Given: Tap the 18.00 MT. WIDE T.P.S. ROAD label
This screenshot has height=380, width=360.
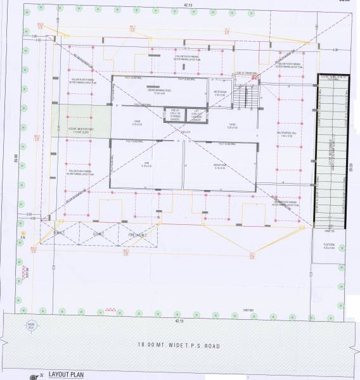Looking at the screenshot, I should (179, 345).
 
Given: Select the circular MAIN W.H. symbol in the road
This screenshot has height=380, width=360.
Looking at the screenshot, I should (29, 327).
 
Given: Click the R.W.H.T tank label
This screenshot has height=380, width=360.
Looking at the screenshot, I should (60, 234).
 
